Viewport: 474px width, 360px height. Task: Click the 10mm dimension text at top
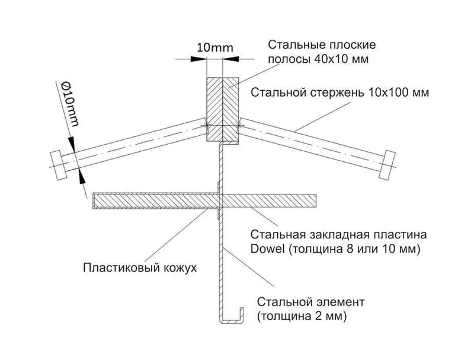(215, 48)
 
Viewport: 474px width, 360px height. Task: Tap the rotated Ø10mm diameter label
(70, 103)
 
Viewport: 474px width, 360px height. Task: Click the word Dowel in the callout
(268, 249)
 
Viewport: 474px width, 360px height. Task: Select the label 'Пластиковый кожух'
(140, 268)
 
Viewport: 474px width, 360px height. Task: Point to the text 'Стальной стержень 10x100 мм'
(340, 93)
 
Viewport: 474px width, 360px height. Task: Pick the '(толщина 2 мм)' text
(302, 317)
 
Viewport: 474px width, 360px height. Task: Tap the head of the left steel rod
(58, 166)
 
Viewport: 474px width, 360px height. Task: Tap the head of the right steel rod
(387, 165)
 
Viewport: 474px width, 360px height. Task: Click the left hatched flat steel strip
(214, 109)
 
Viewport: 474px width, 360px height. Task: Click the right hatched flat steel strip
(230, 109)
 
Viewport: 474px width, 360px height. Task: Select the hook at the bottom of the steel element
(232, 318)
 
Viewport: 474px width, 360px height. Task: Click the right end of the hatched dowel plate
(316, 201)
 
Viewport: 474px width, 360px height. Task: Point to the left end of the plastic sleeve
(94, 201)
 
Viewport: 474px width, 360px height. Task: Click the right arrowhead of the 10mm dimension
(230, 59)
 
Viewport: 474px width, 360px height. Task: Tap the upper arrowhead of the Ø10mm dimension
(72, 144)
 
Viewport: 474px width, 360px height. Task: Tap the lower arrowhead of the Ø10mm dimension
(81, 176)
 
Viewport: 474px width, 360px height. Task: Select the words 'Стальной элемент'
(311, 302)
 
